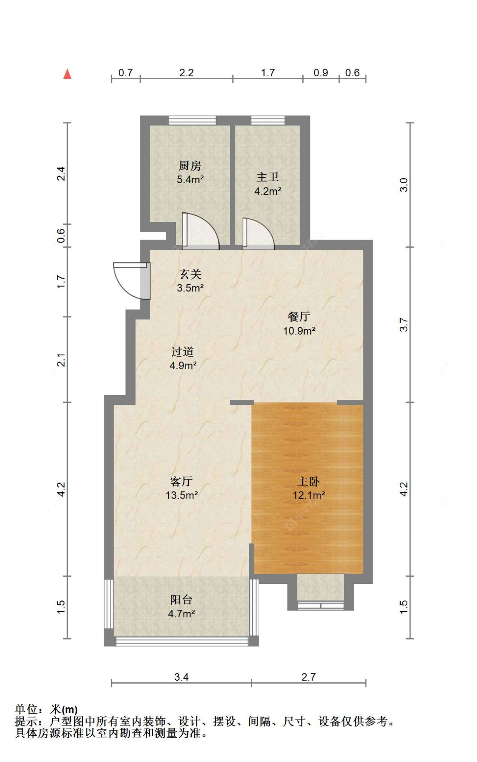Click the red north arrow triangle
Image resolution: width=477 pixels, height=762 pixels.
(67, 74)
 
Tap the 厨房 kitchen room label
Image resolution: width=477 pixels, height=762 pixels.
(190, 165)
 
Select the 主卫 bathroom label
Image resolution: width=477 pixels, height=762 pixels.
(268, 177)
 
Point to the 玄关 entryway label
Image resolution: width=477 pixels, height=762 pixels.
(190, 274)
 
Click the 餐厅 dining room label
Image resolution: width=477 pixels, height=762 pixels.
(299, 316)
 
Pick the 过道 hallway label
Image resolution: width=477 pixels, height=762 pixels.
(183, 352)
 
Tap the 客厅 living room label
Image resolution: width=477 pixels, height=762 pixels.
(181, 481)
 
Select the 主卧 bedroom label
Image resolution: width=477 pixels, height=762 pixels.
(309, 481)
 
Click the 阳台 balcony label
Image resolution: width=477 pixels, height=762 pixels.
(181, 600)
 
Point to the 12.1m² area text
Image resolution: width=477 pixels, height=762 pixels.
(309, 495)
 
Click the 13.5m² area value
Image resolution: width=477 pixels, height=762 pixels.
(181, 495)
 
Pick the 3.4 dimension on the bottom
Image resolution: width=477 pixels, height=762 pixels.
(181, 677)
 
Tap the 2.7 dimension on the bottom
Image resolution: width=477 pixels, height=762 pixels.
(309, 677)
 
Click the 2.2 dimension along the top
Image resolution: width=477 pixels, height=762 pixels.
(187, 73)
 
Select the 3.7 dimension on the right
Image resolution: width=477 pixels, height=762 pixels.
(404, 325)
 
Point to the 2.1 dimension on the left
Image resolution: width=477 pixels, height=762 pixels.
(61, 360)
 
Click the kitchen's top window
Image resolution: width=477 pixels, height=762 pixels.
(192, 120)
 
